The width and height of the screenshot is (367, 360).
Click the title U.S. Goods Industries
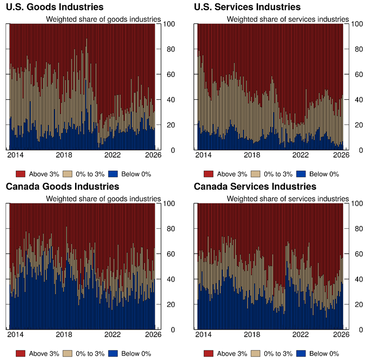[x=54, y=7]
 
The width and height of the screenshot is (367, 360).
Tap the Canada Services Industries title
[x=255, y=187]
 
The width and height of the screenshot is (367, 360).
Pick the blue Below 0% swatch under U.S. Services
[x=301, y=174]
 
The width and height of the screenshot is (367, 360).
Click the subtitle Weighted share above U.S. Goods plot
[x=104, y=19]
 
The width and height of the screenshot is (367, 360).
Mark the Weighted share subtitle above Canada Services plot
[x=288, y=198]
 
